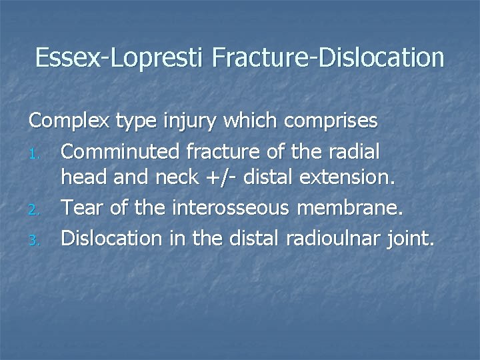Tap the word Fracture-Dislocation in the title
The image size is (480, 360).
[x=328, y=58]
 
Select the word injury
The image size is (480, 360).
[x=201, y=123]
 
